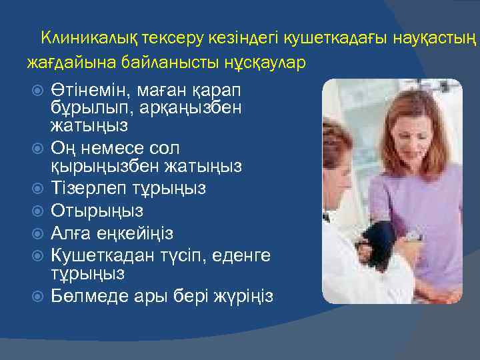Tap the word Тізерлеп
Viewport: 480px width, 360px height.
point(89,189)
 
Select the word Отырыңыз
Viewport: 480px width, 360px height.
point(87,211)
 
